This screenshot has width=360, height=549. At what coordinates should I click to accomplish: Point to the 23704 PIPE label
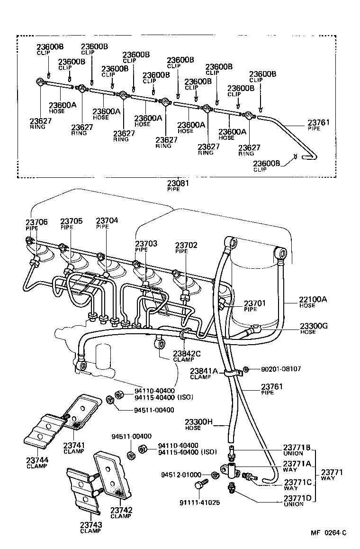pos(107,223)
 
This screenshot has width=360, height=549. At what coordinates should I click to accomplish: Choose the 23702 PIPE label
pos(186,247)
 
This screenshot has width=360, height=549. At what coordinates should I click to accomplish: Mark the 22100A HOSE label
pos(314,302)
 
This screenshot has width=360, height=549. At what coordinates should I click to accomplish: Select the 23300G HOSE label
pos(314,328)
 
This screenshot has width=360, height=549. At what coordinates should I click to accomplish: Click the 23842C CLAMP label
pos(187,356)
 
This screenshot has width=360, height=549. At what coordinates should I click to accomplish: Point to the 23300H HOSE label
pos(199,424)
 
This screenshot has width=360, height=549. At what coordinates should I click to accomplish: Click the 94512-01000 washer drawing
pos(215,475)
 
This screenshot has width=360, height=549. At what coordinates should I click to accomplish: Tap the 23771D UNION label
pos(297,500)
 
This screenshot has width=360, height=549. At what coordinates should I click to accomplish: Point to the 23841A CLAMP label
pos(204,373)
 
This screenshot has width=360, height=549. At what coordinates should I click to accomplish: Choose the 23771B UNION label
pos(297,449)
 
